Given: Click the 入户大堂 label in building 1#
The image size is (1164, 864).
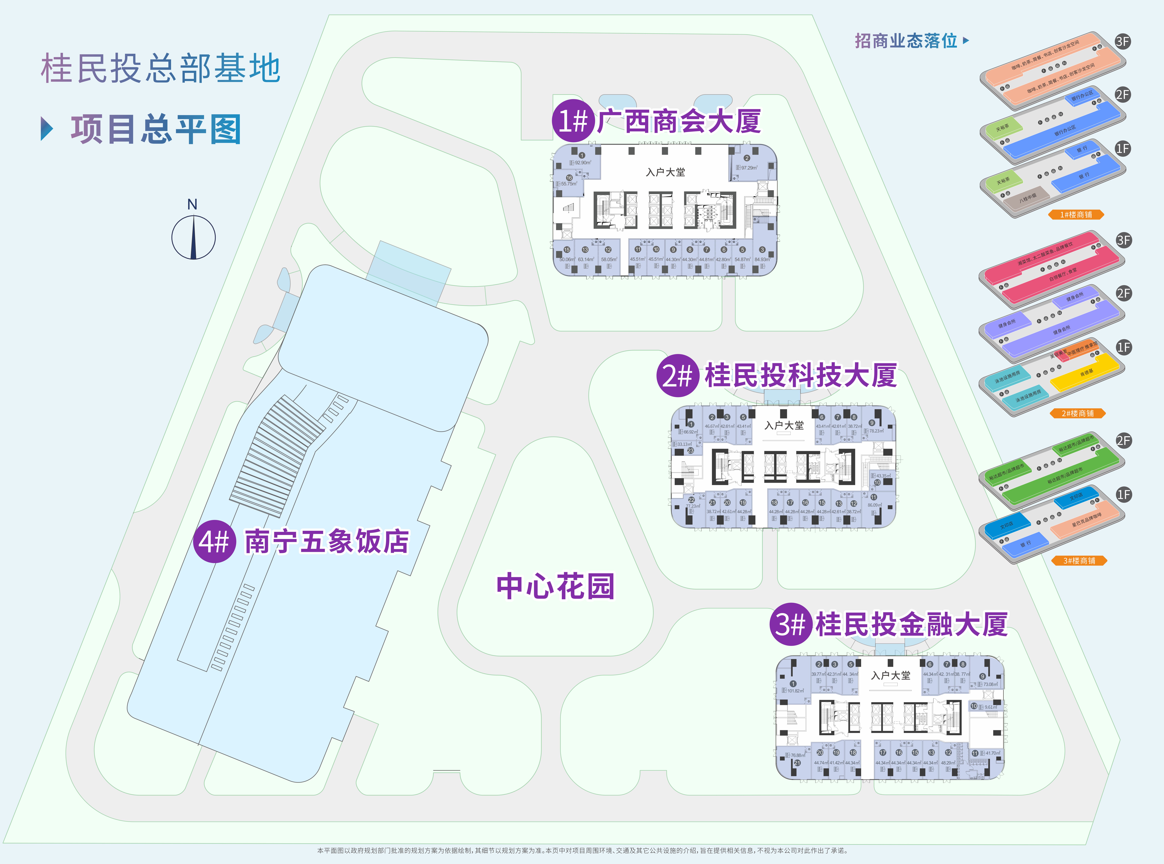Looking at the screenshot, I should coord(665,172).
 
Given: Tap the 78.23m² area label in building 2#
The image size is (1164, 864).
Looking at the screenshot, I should coord(876,431).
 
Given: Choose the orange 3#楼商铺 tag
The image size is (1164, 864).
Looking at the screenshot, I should coord(1079,561).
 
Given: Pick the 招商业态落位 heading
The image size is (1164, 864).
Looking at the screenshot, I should coord(906,41).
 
